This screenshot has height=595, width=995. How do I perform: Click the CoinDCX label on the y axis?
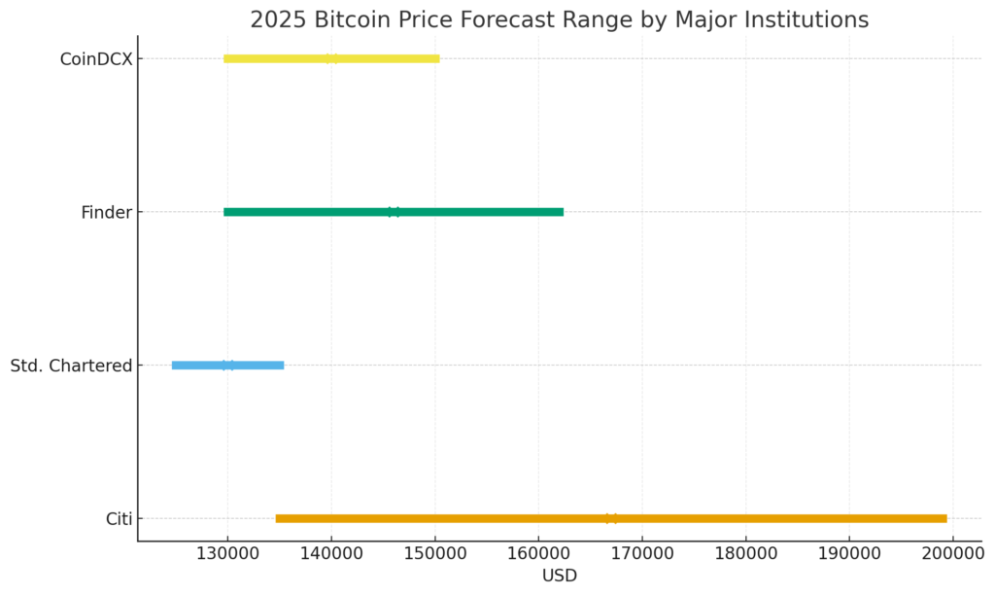click(x=95, y=59)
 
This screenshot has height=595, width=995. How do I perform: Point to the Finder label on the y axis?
click(x=106, y=213)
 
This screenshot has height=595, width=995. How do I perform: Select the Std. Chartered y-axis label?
click(x=71, y=367)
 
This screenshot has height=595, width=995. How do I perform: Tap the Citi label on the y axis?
click(x=119, y=519)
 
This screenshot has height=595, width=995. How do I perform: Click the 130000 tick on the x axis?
click(x=228, y=556)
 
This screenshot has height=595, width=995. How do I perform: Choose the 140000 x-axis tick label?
click(x=331, y=556)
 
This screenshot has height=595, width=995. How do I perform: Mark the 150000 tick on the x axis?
click(x=435, y=556)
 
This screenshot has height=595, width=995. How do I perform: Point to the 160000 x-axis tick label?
click(x=538, y=556)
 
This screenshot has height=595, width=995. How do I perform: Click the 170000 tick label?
click(x=642, y=556)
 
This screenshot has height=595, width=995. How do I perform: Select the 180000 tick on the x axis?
click(x=745, y=556)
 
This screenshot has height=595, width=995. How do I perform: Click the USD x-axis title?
click(x=559, y=577)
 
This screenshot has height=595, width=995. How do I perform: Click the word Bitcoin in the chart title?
click(x=353, y=19)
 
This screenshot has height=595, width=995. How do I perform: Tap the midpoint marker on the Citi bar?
click(x=611, y=518)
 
